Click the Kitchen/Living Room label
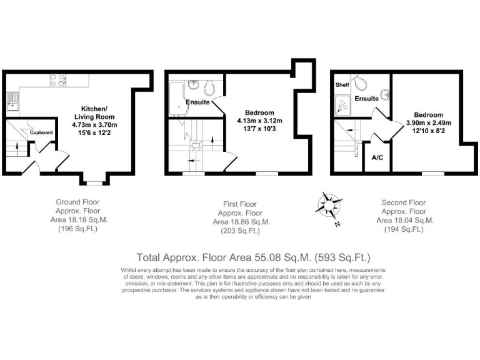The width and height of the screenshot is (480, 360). coord(94,112)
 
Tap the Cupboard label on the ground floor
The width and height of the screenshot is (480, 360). coord(41,132)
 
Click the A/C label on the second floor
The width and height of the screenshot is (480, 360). coord(377,157)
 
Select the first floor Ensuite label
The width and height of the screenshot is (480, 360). coord(197,102)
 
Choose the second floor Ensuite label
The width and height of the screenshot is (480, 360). coord(366,99)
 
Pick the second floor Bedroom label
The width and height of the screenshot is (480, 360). coord(429,114)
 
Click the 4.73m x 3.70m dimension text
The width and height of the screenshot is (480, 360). coord(94,124)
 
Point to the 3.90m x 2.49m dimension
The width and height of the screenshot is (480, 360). coord(429,123)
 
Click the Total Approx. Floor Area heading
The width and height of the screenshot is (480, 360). coord(254,257)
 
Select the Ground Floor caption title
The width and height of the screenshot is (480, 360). coord(77,202)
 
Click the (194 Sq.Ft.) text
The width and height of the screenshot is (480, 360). coord(403,229)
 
